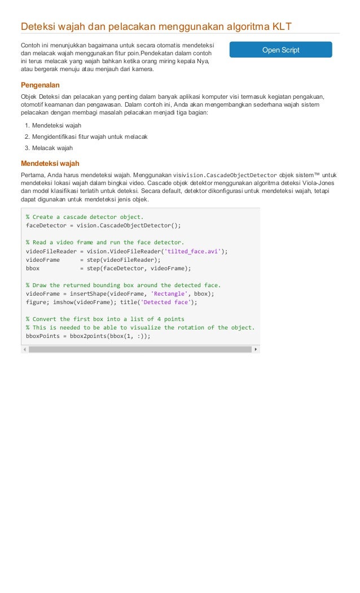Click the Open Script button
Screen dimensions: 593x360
point(280,50)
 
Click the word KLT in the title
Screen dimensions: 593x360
point(280,26)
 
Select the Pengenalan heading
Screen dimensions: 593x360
point(40,85)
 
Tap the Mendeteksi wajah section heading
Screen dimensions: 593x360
point(50,164)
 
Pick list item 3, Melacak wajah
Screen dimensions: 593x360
point(52,148)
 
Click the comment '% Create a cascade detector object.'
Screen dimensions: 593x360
point(85,217)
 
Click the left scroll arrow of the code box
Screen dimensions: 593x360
point(24,349)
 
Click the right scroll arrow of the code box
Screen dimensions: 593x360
point(256,349)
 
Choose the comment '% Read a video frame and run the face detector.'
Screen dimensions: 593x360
point(105,243)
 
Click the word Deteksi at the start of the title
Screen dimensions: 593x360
point(37,26)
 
